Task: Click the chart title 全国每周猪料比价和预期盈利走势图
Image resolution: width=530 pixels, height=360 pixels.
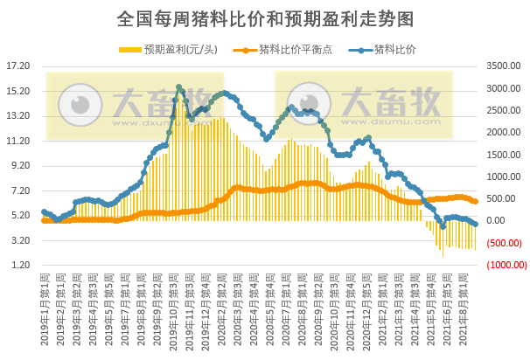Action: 264,17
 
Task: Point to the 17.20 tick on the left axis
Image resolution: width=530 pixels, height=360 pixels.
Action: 18,66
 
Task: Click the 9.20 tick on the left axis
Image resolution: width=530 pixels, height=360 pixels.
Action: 18,166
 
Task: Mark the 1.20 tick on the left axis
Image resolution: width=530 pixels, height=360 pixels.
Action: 18,266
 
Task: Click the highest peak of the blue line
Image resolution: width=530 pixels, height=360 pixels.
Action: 179,87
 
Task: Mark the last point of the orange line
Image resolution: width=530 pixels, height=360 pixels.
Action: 475,201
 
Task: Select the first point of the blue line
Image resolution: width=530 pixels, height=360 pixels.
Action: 44,211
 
